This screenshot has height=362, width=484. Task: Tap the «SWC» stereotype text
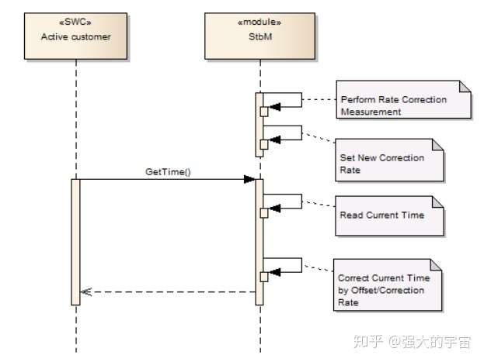(75, 23)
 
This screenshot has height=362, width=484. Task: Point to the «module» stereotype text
(259, 23)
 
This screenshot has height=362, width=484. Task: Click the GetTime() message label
(167, 171)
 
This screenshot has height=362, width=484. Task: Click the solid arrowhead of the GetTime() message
(249, 179)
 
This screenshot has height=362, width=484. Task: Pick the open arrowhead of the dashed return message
(86, 292)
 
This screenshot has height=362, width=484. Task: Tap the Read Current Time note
(388, 215)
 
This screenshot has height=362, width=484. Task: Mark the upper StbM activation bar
(259, 124)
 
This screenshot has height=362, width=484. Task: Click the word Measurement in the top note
(371, 112)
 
